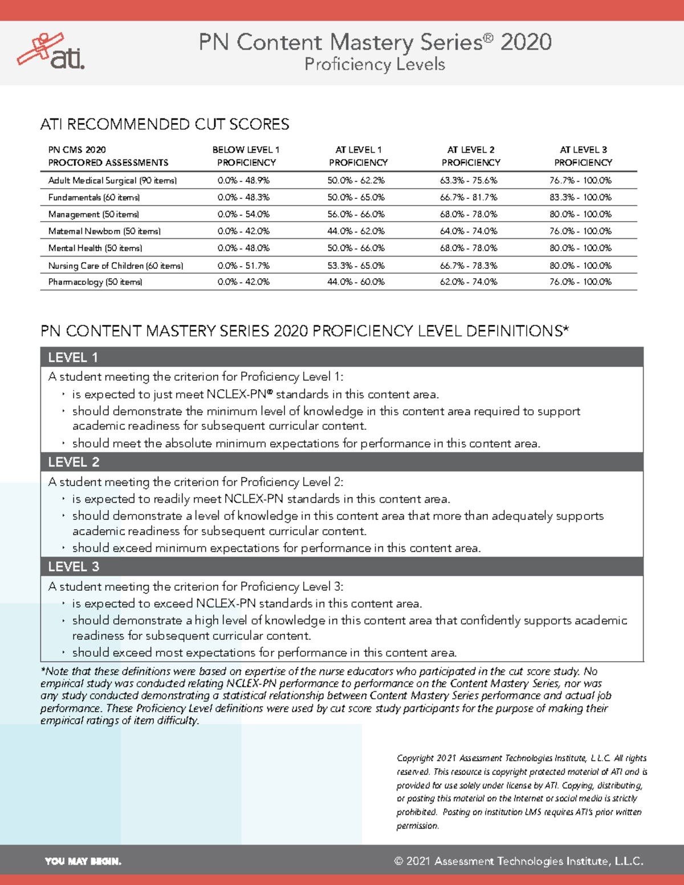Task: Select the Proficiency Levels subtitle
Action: click(374, 64)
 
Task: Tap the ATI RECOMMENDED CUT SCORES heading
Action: click(165, 124)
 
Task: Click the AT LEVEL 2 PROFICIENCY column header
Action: click(471, 156)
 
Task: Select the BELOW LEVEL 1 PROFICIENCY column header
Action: click(246, 156)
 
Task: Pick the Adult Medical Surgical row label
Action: click(112, 181)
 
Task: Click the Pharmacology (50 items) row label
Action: click(95, 282)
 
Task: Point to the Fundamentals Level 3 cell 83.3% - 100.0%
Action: click(580, 198)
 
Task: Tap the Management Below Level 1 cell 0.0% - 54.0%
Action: click(243, 214)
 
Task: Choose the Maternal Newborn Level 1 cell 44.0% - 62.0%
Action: click(356, 231)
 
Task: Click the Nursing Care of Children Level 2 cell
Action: click(469, 266)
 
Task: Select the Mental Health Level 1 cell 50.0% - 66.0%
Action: click(356, 248)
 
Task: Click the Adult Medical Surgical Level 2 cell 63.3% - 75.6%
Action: click(469, 181)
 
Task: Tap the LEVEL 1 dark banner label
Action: click(73, 357)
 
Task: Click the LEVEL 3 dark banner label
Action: click(74, 566)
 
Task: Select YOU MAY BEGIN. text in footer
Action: click(83, 861)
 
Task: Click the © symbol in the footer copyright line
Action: click(398, 861)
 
